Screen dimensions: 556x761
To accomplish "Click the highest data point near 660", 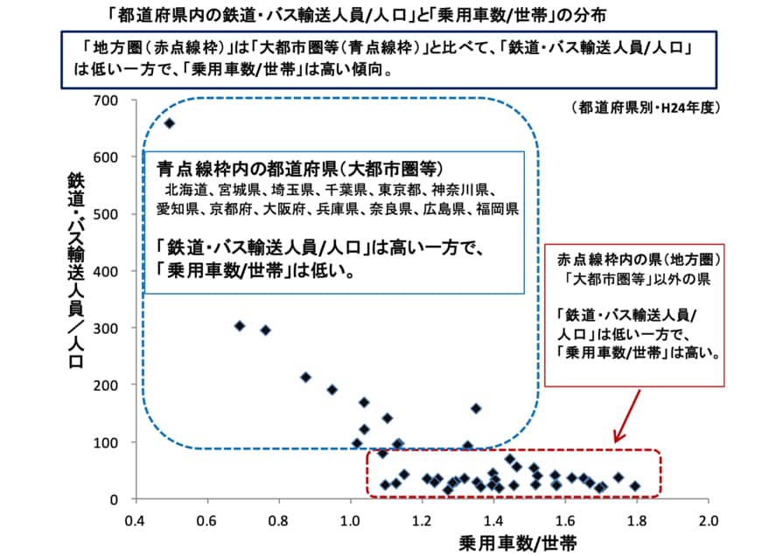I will point(170,123).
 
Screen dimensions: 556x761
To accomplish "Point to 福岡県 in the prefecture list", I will point(498,209).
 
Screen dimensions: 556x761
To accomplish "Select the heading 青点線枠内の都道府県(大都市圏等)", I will point(301,167).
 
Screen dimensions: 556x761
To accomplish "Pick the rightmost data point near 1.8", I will point(635,485).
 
